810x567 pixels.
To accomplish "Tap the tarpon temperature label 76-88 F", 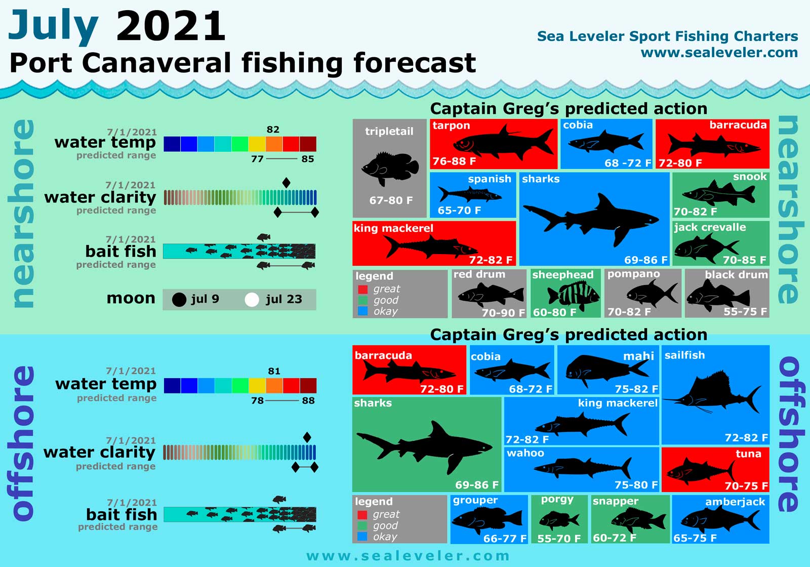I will pos(454,161).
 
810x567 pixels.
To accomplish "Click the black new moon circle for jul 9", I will pos(179,300).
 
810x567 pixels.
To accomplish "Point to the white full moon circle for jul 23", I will pos(252,300).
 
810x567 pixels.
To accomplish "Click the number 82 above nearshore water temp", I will pos(273,130).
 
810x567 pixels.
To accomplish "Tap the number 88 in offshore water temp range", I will pos(308,400).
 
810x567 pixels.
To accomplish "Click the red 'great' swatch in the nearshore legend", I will pos(362,290).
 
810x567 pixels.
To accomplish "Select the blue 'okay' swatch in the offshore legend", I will pos(362,536).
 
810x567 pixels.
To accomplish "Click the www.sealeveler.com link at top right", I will pos(719,53).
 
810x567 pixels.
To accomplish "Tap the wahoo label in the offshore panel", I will pos(525,453).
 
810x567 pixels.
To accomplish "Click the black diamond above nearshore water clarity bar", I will pos(286,183).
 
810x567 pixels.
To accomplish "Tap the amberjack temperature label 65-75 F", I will pos(695,538).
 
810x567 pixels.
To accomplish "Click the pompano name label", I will pos(633,274).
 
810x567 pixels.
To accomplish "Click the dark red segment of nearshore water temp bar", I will pos(308,144).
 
